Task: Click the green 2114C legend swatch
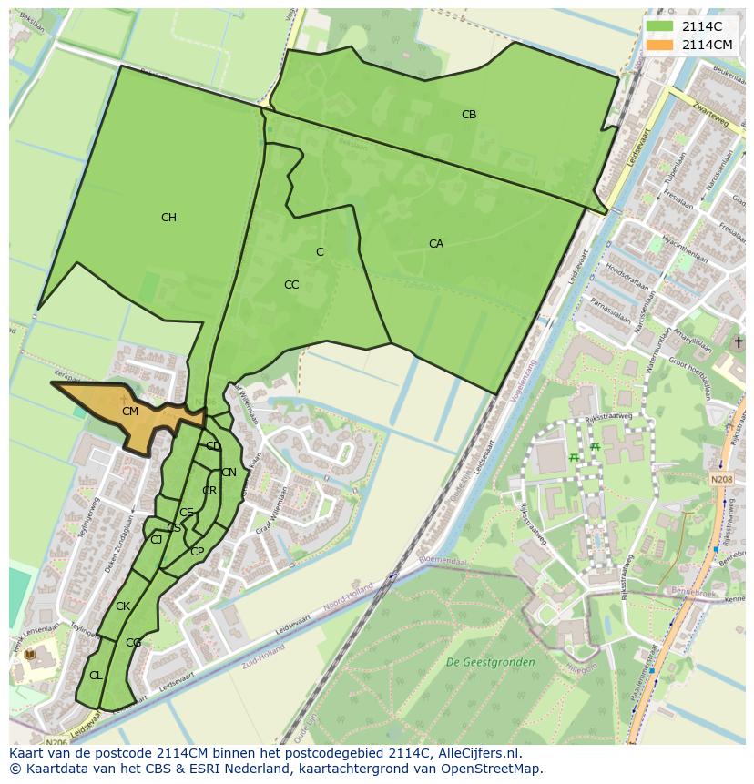click(x=660, y=26)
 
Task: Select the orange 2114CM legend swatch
click(x=660, y=45)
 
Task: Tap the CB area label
click(x=469, y=115)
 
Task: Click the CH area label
click(x=168, y=218)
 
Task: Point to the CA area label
click(x=436, y=244)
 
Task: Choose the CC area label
click(x=291, y=285)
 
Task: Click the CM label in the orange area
click(x=130, y=412)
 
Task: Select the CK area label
click(x=123, y=606)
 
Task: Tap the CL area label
click(x=96, y=676)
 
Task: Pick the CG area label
click(x=133, y=643)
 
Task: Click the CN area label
click(x=229, y=473)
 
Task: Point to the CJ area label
click(x=157, y=540)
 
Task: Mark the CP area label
click(x=197, y=552)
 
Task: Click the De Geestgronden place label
click(x=490, y=662)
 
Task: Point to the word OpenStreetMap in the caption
click(x=497, y=769)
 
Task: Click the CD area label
click(x=213, y=446)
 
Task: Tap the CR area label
click(x=209, y=491)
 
